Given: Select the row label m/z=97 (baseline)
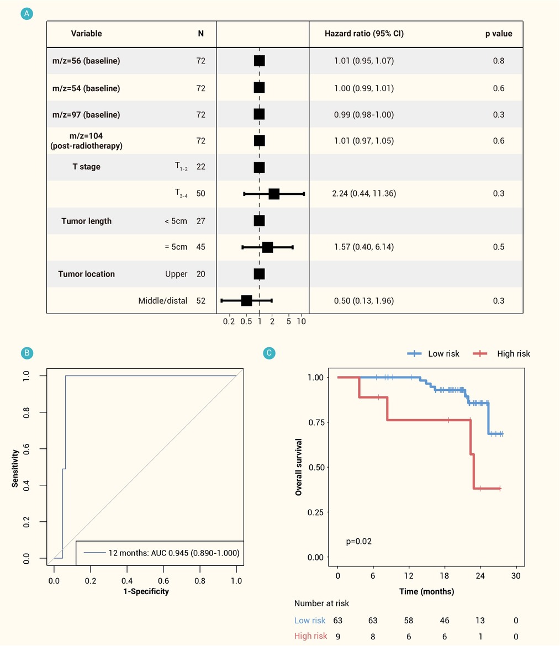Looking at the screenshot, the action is coord(86,114).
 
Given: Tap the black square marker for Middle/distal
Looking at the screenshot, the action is coord(246,301).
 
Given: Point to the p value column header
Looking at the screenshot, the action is coord(499,34).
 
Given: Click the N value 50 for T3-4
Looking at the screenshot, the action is coord(200,194).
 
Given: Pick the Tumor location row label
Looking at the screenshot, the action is coord(87,274).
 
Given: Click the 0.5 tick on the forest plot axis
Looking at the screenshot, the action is coord(246,321).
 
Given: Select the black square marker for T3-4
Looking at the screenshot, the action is coord(274,194).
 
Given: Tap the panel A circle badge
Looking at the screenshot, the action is coord(27,14).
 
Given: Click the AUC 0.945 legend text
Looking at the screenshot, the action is coord(174,553).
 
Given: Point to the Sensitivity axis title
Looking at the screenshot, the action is coord(15,468).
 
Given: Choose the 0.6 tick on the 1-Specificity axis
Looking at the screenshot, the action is coord(163,580).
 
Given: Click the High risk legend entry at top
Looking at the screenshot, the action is coord(501,353).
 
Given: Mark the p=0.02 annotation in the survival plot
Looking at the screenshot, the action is coord(359,541).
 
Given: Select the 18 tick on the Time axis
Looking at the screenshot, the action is coord(444,576).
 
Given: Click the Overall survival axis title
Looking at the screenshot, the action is coord(299,467).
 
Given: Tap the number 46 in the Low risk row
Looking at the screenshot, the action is coord(444,621).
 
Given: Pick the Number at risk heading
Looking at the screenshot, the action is coord(321,603).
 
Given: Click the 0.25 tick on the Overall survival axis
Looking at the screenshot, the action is coord(316,512).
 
